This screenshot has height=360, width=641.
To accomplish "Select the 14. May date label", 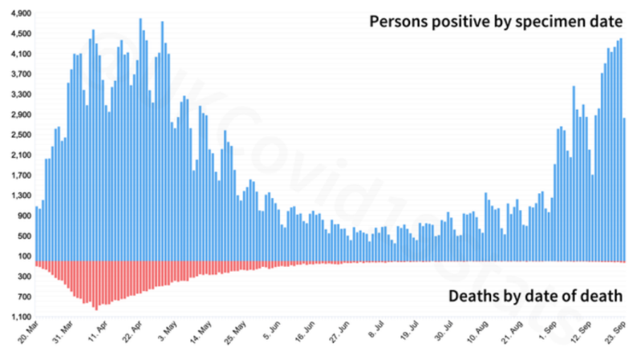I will pos(201,331).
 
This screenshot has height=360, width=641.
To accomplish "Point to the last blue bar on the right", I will pos(624,189).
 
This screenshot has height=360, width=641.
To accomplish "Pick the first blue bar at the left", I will pos(36,233).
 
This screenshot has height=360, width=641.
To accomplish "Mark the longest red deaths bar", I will pos(96,285).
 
